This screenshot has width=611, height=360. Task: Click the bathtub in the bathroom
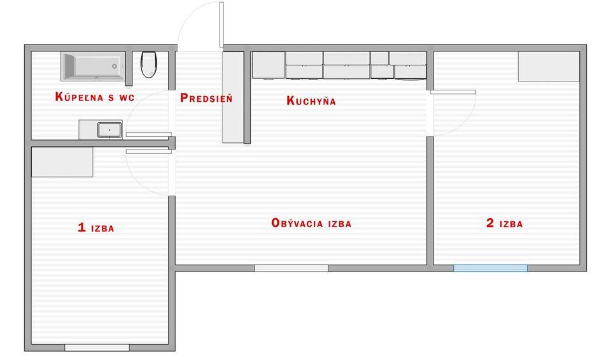point(93,66)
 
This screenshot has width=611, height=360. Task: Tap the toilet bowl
point(148,64)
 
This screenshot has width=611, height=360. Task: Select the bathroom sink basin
point(109,130)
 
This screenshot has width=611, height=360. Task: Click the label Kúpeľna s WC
point(95,97)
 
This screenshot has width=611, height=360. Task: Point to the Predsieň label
point(206,98)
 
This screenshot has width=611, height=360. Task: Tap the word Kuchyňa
point(311,100)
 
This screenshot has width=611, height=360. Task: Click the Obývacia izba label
point(311,223)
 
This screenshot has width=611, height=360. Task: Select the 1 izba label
point(96,228)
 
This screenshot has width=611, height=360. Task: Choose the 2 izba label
point(505,223)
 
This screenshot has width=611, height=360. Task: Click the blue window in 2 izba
point(490,268)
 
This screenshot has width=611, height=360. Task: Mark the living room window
point(291,268)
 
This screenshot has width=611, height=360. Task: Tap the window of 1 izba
point(97,347)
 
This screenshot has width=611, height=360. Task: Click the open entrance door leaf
point(221,25)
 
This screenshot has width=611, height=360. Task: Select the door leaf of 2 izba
point(453,92)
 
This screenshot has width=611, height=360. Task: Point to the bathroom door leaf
point(149,134)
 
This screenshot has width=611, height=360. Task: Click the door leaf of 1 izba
point(149,151)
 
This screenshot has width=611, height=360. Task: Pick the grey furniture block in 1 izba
point(62,162)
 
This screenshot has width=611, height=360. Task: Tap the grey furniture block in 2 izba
point(549,67)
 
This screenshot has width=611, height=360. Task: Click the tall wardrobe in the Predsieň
point(233,97)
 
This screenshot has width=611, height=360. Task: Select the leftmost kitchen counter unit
point(269,65)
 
